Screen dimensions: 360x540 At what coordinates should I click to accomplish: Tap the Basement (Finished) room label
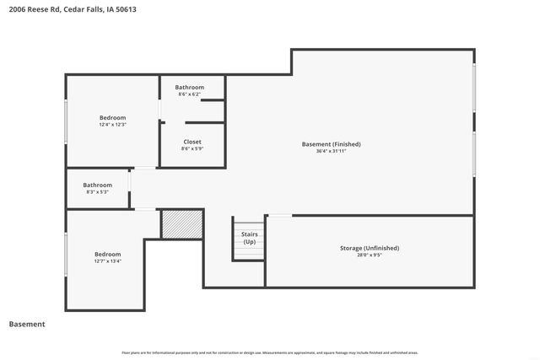tap(325, 144)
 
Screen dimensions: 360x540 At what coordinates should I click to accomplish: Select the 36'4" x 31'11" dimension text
tap(325, 152)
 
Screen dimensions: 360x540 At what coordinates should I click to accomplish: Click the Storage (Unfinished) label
tap(369, 248)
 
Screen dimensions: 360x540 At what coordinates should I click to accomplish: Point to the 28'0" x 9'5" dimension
tap(369, 255)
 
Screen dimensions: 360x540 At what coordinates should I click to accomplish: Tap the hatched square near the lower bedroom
tap(182, 224)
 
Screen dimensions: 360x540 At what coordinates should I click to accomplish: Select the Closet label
tap(192, 142)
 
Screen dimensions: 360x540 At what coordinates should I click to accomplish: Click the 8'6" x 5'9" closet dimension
tap(192, 149)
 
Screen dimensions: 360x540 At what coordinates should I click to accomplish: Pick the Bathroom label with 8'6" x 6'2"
tap(190, 88)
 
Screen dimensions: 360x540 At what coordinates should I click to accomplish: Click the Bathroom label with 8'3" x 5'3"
tap(97, 185)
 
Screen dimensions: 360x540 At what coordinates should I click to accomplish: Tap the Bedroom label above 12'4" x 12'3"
tap(112, 117)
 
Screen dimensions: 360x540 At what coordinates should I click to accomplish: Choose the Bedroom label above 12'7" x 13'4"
tap(107, 254)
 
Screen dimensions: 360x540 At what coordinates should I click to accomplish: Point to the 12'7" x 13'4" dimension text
tap(107, 261)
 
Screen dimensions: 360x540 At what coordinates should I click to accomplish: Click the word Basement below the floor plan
tap(27, 325)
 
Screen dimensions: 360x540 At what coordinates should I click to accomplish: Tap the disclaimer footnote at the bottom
tap(270, 352)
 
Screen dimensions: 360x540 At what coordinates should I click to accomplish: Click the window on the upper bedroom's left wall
tap(67, 123)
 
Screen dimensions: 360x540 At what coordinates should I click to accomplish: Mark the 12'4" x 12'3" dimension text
tap(112, 125)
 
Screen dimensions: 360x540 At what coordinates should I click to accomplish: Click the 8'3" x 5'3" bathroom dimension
tap(97, 192)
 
